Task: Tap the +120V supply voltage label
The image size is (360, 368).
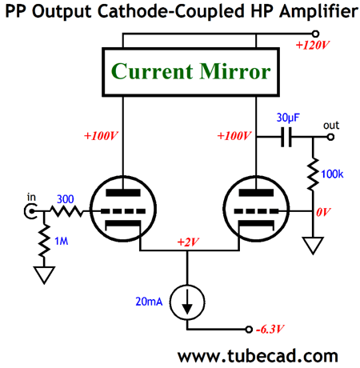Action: pos(313,45)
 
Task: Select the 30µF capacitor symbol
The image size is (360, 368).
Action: pos(286,137)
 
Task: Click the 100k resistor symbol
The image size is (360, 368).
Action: pos(313,174)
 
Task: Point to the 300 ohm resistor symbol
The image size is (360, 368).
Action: pos(66,211)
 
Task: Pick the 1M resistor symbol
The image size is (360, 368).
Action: pos(44,241)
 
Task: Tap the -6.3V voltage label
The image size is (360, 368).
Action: pos(270,330)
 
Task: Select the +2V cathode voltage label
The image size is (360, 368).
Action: pos(188,242)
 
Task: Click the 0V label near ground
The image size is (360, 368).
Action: pos(323,212)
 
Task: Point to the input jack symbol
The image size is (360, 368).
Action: pos(30,211)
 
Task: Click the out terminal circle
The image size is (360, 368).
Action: pos(330,137)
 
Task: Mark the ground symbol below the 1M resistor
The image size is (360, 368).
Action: pos(44,274)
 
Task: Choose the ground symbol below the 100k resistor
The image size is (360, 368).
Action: pos(313,246)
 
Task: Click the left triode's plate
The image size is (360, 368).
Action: pos(123,193)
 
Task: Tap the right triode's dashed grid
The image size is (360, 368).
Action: pos(256,211)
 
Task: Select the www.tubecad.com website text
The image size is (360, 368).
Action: pos(258,356)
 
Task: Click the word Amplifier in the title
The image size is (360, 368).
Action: pos(318,11)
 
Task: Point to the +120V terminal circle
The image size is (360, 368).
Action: pos(315,34)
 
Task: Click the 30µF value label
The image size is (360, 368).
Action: pos(288,118)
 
